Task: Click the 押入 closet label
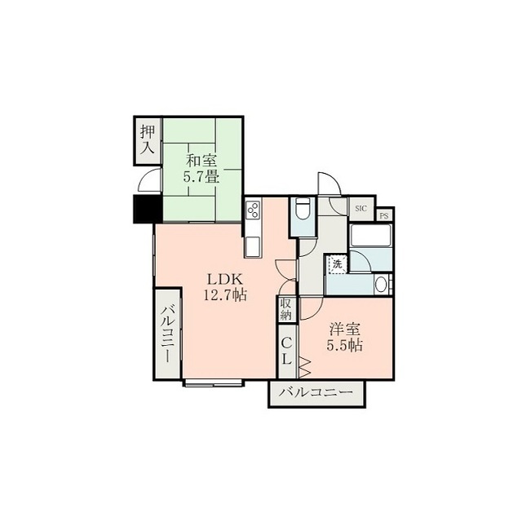(148, 139)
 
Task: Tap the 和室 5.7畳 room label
(201, 169)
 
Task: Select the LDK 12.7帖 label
(225, 286)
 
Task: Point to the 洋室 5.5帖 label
(344, 337)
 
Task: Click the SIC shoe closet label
(361, 209)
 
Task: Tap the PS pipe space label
(384, 215)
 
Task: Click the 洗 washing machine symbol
(338, 265)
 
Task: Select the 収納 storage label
(285, 309)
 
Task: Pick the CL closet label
(286, 352)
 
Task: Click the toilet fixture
(303, 209)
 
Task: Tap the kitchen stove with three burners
(253, 210)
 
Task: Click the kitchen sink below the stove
(253, 246)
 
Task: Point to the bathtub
(370, 236)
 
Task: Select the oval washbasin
(381, 285)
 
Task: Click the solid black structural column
(148, 209)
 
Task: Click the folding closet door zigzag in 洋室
(305, 367)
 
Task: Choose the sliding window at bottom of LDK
(214, 383)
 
